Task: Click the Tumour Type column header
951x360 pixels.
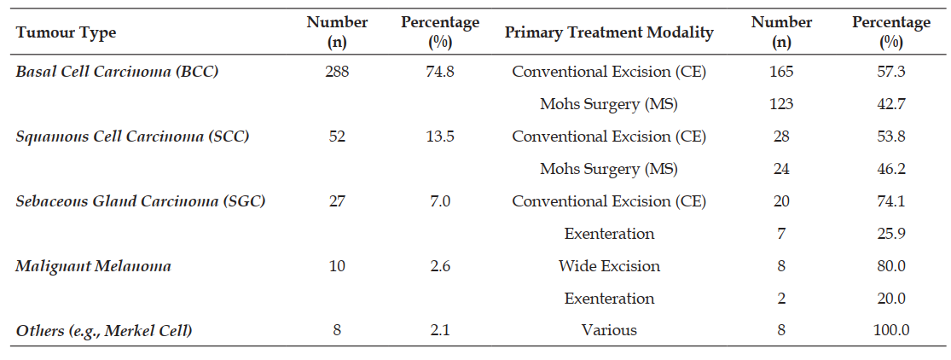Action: point(66,32)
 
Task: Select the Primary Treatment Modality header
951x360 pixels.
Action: point(609,32)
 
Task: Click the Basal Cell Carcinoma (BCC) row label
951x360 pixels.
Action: point(117,72)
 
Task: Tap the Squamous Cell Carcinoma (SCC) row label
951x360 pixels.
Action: point(132,136)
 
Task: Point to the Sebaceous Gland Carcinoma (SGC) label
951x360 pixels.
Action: point(141,201)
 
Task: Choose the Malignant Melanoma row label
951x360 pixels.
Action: point(94,266)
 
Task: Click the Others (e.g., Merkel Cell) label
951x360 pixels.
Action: point(106,330)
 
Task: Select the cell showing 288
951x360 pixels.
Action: point(337,72)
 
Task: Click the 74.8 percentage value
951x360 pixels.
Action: point(440,72)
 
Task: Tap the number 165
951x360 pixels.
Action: point(781,72)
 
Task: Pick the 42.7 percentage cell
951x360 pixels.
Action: point(891,104)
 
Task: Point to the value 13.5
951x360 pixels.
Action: point(440,136)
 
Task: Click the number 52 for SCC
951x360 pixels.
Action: point(337,136)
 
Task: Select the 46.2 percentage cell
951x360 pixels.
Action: point(891,169)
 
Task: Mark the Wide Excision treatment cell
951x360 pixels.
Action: point(609,266)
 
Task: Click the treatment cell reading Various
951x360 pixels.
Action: point(609,330)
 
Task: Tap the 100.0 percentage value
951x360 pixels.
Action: point(891,330)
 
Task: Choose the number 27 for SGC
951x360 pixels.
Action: point(337,201)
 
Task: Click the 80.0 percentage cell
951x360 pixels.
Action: point(891,266)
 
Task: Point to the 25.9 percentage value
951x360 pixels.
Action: point(891,233)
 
